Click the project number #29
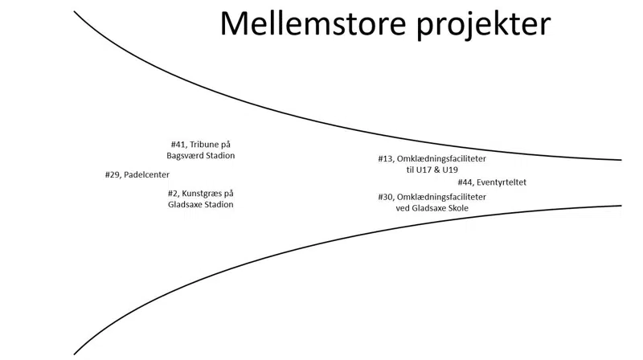pos(113,174)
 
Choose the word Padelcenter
pos(147,174)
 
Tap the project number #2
pos(173,194)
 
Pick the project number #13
pos(386,159)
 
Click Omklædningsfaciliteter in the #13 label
pos(442,159)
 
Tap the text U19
pos(449,170)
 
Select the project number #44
pos(465,182)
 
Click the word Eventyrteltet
pos(502,182)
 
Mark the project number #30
pos(386,197)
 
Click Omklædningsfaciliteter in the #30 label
pos(442,197)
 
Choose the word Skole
pos(457,208)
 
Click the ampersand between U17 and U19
pos(435,170)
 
